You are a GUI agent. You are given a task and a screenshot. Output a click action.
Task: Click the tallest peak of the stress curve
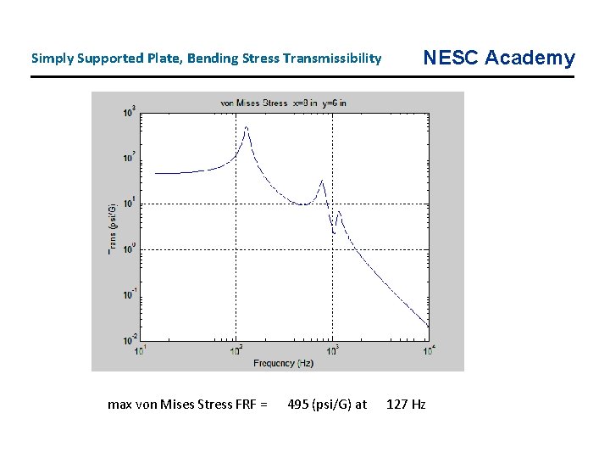click(x=247, y=127)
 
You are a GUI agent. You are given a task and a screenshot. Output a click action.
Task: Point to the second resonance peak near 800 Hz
click(x=322, y=181)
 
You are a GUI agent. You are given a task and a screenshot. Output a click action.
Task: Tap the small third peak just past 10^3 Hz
click(x=340, y=211)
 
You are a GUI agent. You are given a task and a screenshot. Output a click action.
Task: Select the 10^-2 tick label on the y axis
click(x=130, y=339)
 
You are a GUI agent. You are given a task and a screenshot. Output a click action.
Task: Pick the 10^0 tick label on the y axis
click(x=130, y=249)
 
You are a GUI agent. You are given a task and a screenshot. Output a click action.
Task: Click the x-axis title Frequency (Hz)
click(x=284, y=362)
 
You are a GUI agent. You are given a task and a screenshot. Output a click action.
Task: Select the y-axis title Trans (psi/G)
click(x=112, y=229)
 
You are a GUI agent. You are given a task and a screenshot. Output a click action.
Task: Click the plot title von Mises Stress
click(x=254, y=103)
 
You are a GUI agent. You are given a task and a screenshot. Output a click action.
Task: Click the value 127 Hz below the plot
click(x=406, y=405)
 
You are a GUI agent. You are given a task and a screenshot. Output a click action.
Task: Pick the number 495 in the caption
click(x=298, y=405)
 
